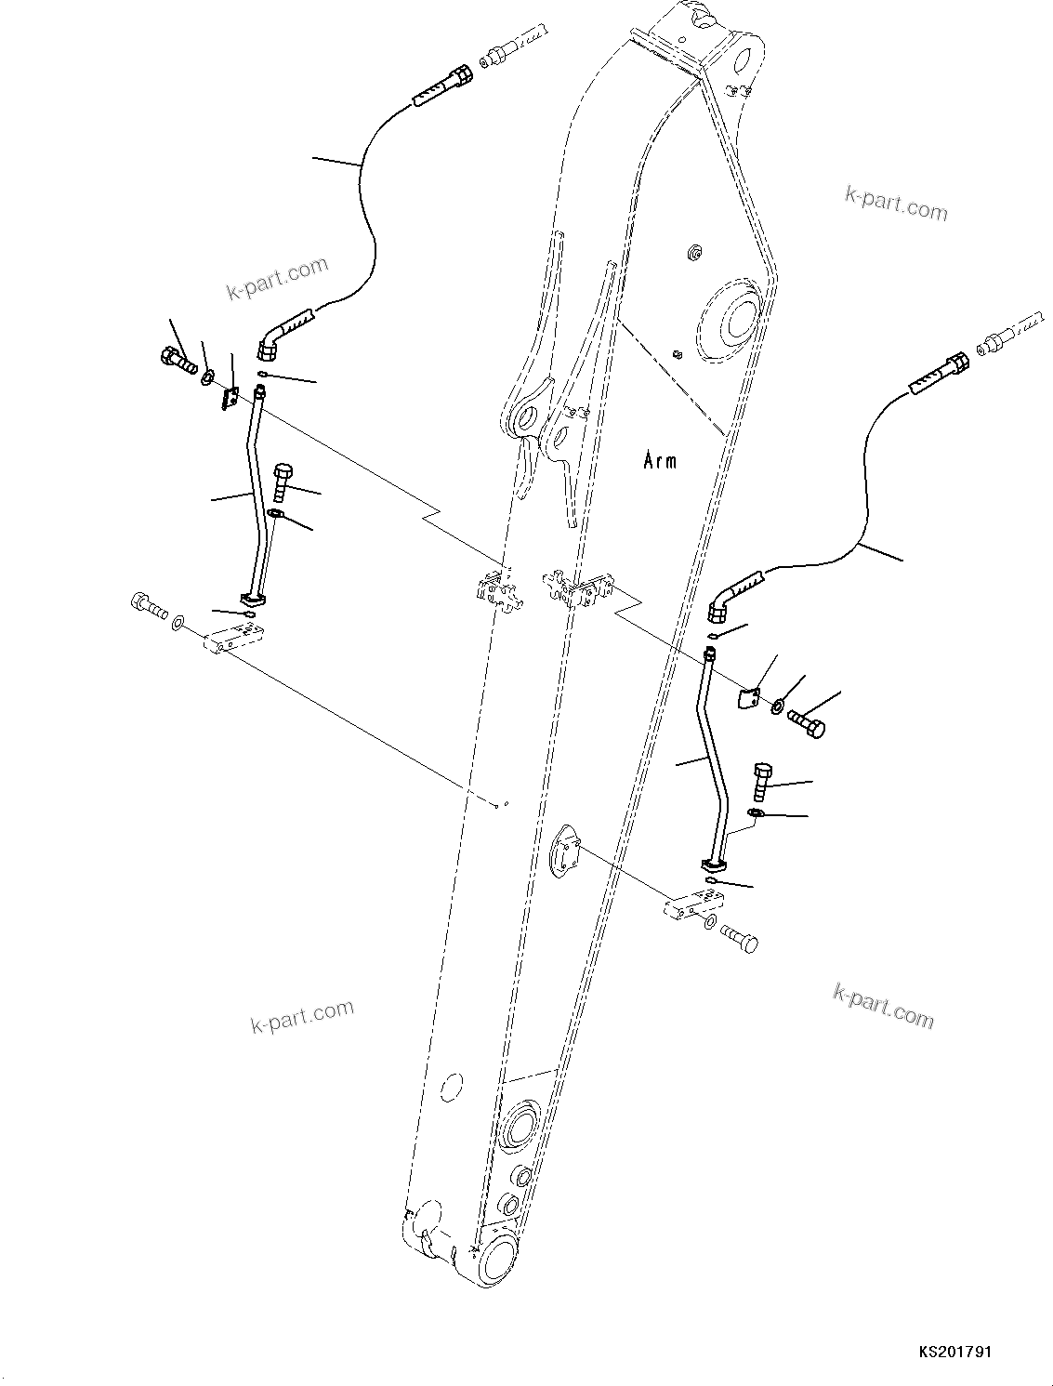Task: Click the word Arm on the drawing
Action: click(x=660, y=460)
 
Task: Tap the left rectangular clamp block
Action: click(x=236, y=638)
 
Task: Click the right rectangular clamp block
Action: click(x=694, y=904)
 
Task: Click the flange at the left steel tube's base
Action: click(x=253, y=599)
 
